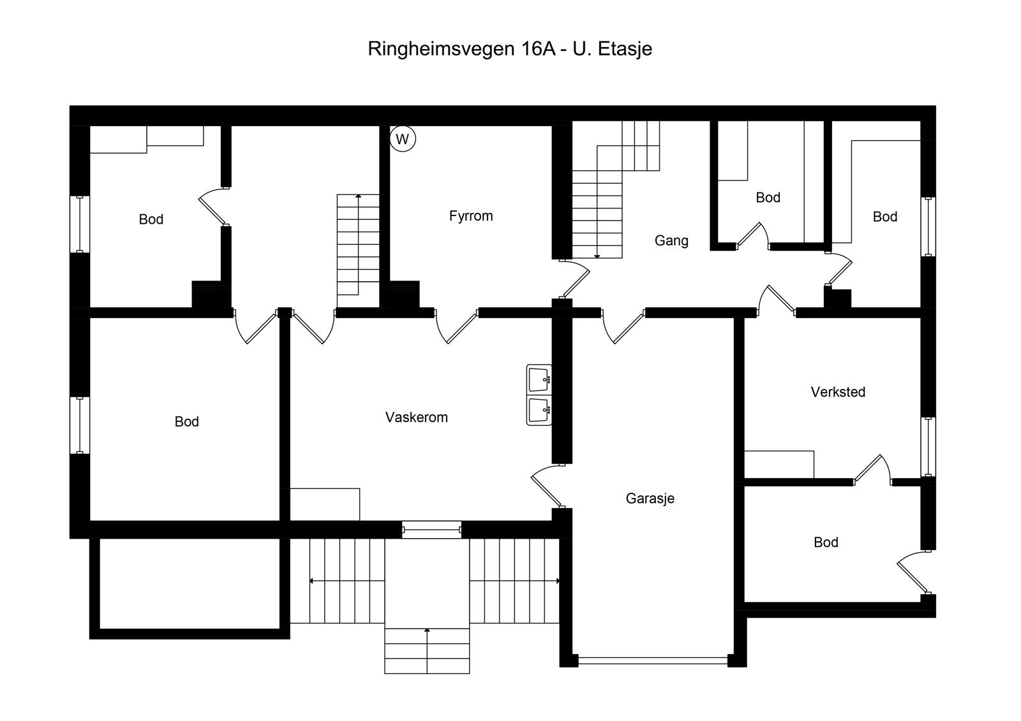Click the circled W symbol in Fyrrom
point(402,139)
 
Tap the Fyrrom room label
point(471,216)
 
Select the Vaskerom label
point(416,418)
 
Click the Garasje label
point(650,499)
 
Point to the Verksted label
point(838,392)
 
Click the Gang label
point(671,240)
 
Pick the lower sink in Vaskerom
point(539,411)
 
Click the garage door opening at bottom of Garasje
point(652,660)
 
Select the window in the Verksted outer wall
point(928,447)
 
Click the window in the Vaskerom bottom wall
point(431,529)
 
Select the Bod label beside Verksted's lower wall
point(826,543)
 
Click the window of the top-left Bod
point(80,224)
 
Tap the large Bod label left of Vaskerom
point(186,422)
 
